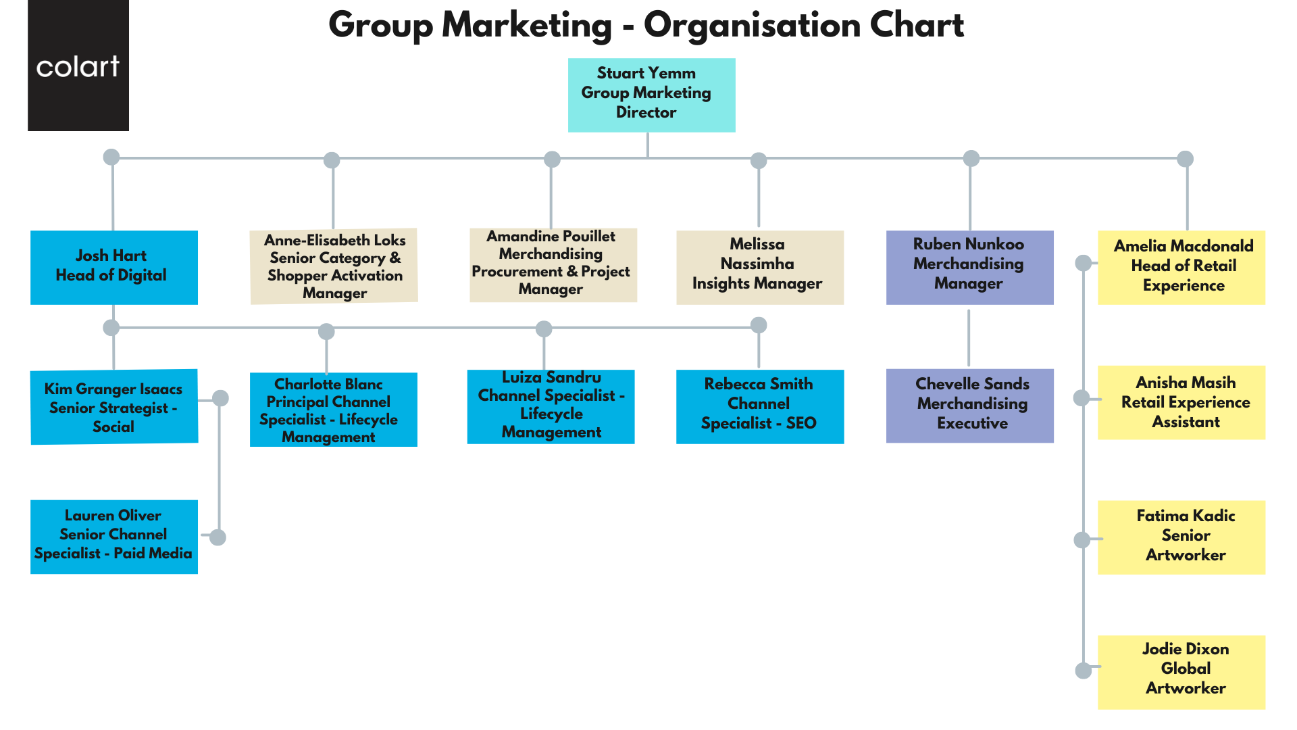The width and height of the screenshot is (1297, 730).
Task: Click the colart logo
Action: pos(78,66)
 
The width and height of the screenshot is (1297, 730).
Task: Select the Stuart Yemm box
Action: pos(651,95)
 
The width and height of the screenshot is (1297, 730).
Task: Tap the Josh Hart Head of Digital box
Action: pos(113,267)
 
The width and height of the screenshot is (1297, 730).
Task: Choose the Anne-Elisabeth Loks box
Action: pos(334,266)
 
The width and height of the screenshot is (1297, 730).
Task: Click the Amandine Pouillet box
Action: pos(553,265)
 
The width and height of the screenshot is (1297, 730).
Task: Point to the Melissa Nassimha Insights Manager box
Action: pos(759,267)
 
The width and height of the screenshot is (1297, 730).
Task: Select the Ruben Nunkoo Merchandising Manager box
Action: pos(969,267)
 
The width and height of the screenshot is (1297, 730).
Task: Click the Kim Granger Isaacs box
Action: pos(113,407)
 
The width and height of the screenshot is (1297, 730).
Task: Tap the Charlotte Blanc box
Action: pos(333,410)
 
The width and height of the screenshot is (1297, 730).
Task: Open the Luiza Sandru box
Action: pos(551,406)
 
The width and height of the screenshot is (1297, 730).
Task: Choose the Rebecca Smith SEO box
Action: pos(759,406)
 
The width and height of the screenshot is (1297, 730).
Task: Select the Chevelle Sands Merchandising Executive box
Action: pos(969,406)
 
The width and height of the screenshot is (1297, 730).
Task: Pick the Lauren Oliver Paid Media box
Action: pos(113,537)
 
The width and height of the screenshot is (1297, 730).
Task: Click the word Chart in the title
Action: pos(917,26)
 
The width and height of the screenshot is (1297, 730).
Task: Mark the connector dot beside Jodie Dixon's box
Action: pos(1083,671)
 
